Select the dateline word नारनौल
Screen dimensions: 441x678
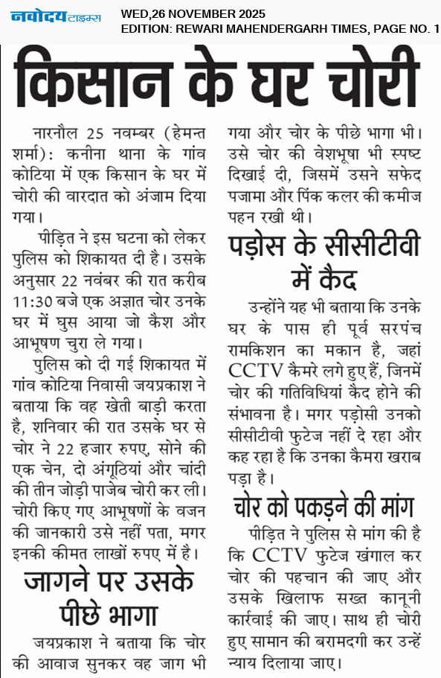tap(57, 135)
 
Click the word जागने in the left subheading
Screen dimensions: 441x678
tap(64, 581)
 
